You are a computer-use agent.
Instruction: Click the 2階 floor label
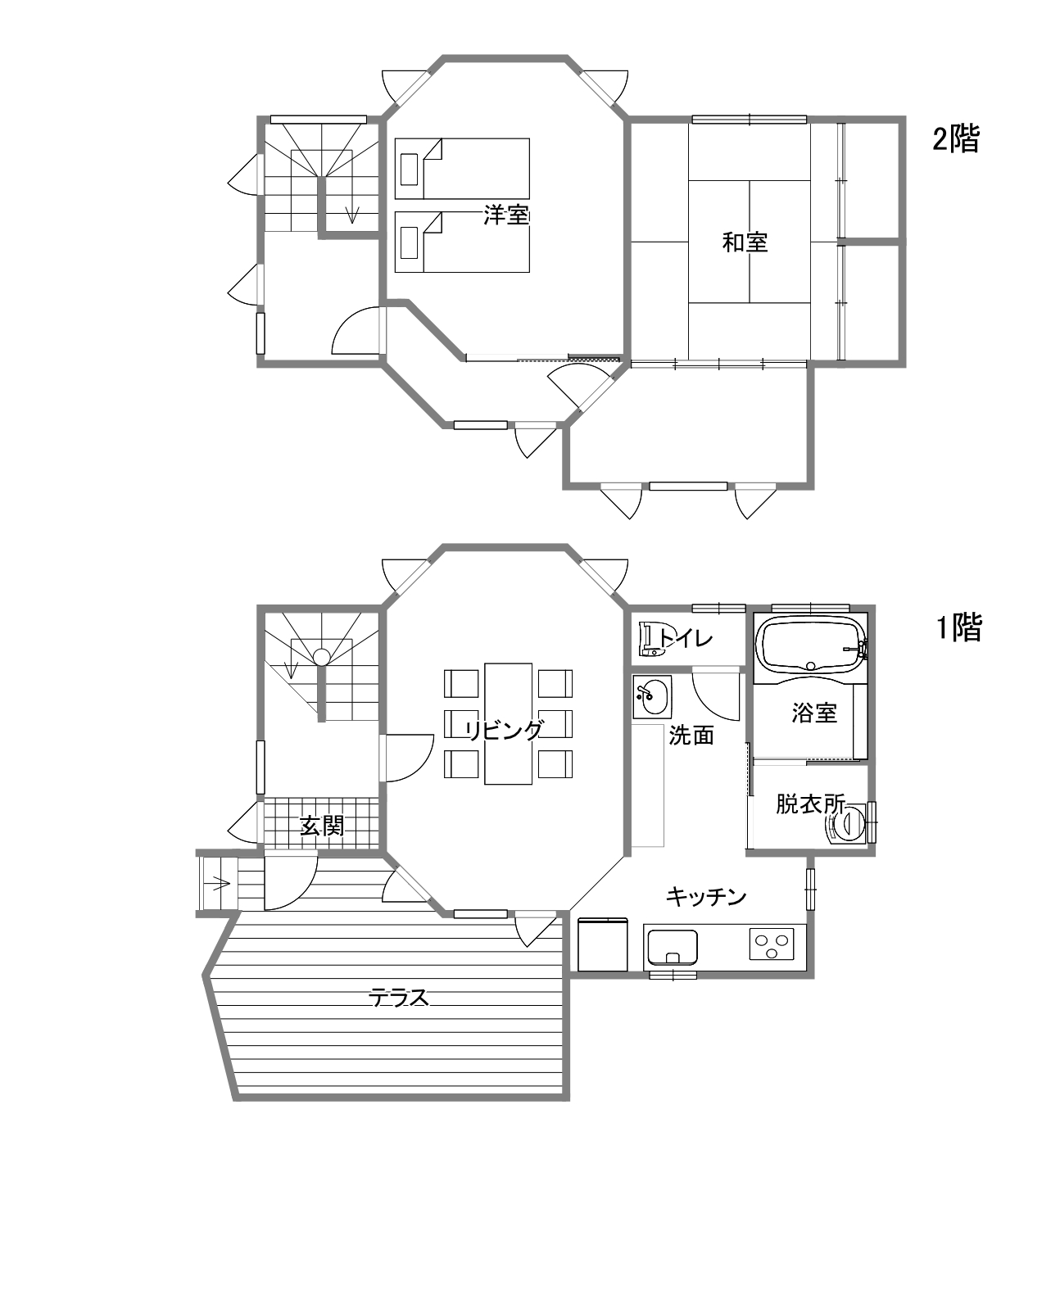956,138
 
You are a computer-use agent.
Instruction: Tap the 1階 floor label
958,627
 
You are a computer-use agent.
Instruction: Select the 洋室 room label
507,215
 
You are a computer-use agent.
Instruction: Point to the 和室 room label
745,242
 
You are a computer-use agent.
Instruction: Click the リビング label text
505,731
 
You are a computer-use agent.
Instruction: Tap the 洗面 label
691,735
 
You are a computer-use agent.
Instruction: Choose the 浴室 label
814,713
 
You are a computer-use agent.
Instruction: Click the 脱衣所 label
810,804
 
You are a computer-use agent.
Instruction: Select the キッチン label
706,896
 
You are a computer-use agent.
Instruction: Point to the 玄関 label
322,826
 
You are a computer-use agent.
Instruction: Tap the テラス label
399,998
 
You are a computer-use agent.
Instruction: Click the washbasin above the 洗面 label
652,697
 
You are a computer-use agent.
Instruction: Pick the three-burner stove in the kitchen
772,944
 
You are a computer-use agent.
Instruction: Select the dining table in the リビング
508,723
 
